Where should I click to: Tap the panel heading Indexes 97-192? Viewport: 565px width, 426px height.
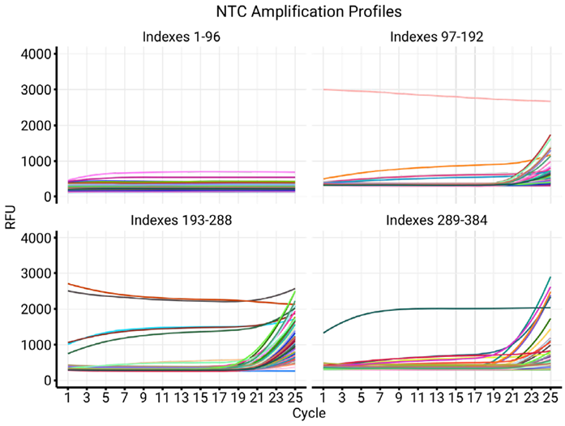click(437, 37)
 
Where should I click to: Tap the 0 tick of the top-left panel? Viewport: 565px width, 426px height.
click(49, 196)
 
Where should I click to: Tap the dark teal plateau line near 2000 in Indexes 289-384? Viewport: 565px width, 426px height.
click(454, 308)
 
